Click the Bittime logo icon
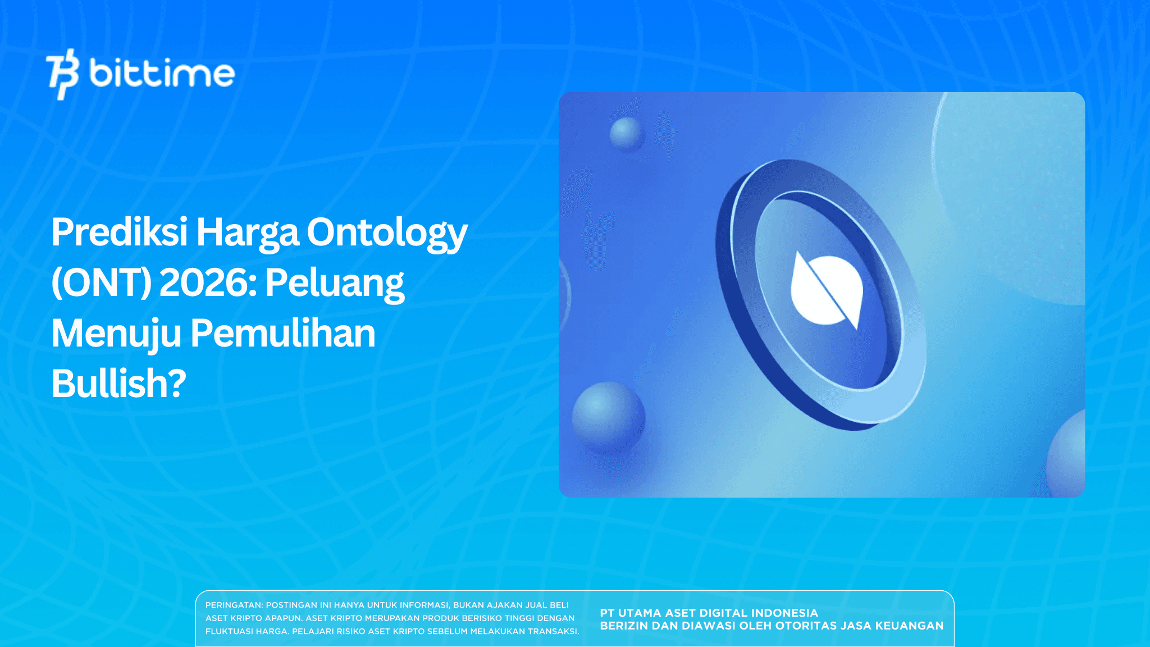coord(62,74)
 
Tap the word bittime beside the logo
coord(162,74)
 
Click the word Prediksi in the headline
coord(119,232)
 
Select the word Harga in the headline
coord(247,232)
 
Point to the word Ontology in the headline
coord(387,233)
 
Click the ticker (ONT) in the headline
coord(101,283)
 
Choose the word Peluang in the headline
coord(335,283)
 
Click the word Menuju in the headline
coord(116,334)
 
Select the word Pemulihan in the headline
coord(283,334)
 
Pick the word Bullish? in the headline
coord(118,384)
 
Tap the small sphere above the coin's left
coord(627,134)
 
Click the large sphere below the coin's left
coord(608,417)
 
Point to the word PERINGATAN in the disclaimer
coord(234,605)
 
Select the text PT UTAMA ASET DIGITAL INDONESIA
coord(709,613)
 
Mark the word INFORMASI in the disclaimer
coord(424,605)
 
